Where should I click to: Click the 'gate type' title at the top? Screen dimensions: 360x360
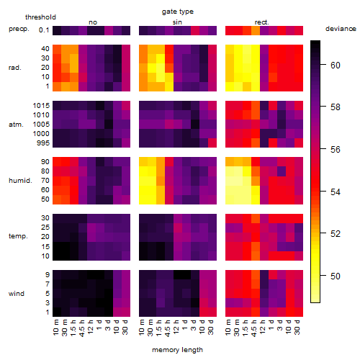click(178, 12)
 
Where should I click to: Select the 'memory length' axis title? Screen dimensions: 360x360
click(177, 350)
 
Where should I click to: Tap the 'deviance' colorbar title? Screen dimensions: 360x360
click(341, 29)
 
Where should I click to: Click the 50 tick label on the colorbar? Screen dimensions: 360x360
click(336, 276)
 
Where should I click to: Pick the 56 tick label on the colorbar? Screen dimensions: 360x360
click(336, 150)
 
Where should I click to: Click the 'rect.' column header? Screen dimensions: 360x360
click(261, 22)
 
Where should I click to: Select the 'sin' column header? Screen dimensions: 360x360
click(177, 22)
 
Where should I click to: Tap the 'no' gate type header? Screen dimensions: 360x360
click(93, 22)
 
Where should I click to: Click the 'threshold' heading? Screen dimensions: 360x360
click(40, 17)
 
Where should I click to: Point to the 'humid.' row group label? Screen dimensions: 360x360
click(20, 181)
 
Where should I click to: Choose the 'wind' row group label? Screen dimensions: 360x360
click(17, 294)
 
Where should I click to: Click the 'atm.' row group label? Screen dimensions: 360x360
click(16, 125)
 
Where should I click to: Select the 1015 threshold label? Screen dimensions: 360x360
click(41, 106)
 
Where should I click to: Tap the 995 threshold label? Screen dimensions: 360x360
click(43, 143)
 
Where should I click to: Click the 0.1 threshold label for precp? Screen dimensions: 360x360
click(44, 30)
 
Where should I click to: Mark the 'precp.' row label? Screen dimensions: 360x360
click(19, 29)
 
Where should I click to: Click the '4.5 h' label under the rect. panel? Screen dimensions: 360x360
click(254, 328)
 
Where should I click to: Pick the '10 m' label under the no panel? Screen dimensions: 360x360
click(55, 328)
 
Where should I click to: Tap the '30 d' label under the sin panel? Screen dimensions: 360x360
click(210, 327)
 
